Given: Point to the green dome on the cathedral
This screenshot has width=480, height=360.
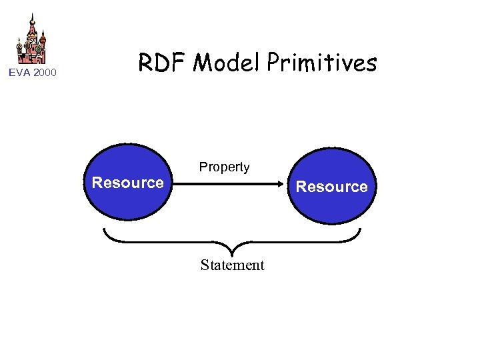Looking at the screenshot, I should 39,49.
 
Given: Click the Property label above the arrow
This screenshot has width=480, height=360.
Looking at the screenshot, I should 224,167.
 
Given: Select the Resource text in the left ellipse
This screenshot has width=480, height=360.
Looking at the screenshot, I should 127,183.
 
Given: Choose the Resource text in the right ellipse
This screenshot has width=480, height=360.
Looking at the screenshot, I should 331,187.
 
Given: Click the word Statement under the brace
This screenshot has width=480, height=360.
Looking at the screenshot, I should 232,265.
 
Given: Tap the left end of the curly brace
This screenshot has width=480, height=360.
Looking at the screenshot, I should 104,229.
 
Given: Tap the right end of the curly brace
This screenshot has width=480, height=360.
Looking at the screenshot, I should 360,229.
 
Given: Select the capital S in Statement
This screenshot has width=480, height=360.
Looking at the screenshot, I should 205,265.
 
